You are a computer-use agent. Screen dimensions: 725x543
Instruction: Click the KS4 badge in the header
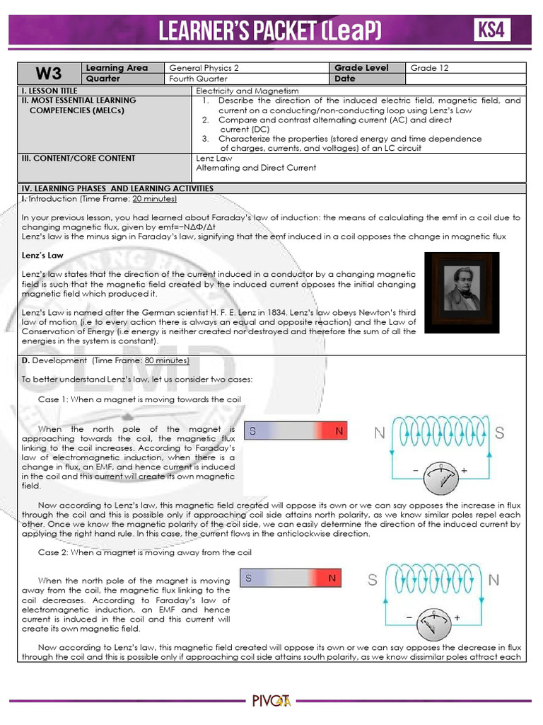point(493,30)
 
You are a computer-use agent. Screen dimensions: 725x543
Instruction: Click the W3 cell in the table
point(49,74)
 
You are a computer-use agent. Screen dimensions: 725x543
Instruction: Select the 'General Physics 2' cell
point(204,68)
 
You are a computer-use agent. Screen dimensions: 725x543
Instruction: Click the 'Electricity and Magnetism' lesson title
point(247,91)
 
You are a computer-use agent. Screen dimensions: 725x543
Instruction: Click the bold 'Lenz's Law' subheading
point(42,255)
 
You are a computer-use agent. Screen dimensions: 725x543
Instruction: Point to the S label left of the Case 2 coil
point(372,581)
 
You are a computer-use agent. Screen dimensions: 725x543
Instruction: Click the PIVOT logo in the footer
point(271,701)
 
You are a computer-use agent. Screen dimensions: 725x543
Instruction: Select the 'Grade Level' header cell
point(362,68)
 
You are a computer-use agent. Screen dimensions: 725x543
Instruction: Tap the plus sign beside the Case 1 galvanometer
point(465,471)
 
